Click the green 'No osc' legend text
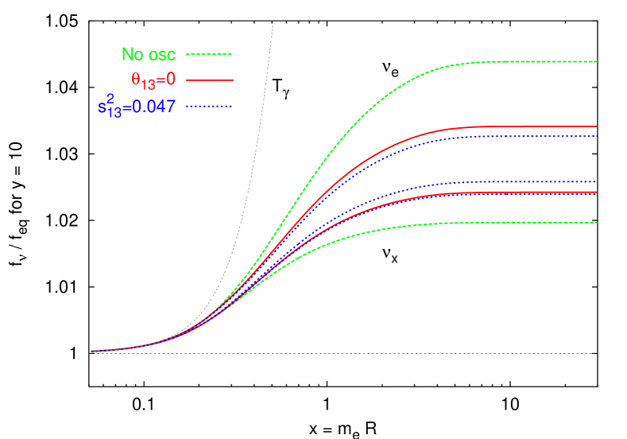(x=149, y=54)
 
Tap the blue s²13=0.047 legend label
(x=131, y=106)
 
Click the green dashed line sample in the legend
(x=210, y=54)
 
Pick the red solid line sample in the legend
(x=210, y=80)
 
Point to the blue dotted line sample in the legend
(x=210, y=106)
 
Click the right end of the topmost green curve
(x=595, y=61)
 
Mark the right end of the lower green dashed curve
(x=595, y=223)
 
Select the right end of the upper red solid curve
(x=595, y=126)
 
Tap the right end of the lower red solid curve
(x=595, y=192)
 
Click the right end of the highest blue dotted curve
(x=595, y=136)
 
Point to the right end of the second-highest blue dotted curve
(x=595, y=181)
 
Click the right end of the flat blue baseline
(x=595, y=353)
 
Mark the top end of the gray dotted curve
(x=273, y=21)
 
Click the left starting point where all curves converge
(x=92, y=351)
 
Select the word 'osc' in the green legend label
(x=162, y=55)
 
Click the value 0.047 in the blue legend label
(x=154, y=106)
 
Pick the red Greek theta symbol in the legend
(x=136, y=80)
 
